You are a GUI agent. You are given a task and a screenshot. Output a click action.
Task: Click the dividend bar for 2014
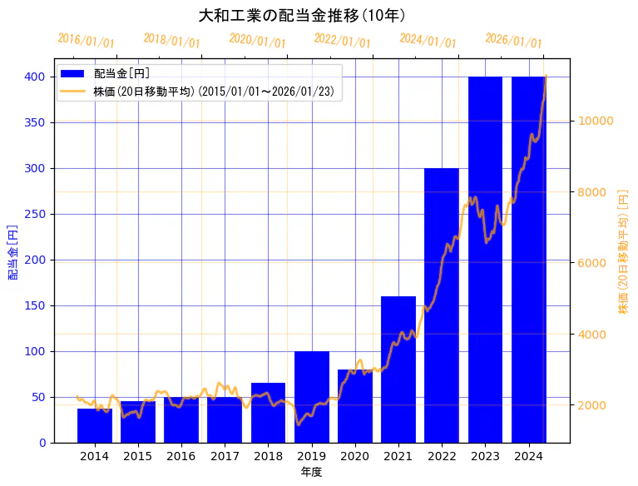(x=94, y=425)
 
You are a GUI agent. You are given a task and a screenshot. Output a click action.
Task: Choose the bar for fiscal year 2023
(x=485, y=259)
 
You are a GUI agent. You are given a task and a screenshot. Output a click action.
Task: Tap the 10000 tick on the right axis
(x=596, y=121)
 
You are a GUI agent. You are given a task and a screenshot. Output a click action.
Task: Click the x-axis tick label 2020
(x=354, y=456)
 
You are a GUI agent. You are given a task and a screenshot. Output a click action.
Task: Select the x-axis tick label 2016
(x=181, y=456)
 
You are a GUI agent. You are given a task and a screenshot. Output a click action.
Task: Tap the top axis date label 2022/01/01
(x=342, y=41)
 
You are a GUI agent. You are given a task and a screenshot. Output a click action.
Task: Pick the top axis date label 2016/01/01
(x=86, y=41)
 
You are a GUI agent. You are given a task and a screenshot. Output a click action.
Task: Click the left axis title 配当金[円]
(x=13, y=250)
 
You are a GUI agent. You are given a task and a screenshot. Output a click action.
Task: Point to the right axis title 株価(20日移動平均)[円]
(x=623, y=250)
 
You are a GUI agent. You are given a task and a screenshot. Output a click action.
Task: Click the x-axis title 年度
(x=311, y=472)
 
